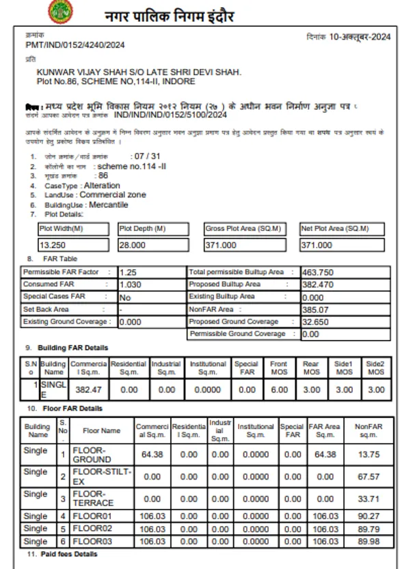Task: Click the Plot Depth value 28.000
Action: [x=132, y=245]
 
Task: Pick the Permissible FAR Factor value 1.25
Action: [x=127, y=273]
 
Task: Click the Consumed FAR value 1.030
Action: [x=130, y=284]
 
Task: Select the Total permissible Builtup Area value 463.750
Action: [x=317, y=273]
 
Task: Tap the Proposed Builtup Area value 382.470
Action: [x=317, y=284]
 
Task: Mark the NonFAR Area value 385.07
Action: [x=315, y=309]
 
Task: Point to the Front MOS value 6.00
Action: [x=278, y=389]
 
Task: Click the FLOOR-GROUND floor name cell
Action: [x=92, y=455]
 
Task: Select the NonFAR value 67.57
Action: [x=369, y=477]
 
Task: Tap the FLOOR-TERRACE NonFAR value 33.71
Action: [x=369, y=499]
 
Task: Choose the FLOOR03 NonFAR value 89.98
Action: [x=369, y=541]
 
